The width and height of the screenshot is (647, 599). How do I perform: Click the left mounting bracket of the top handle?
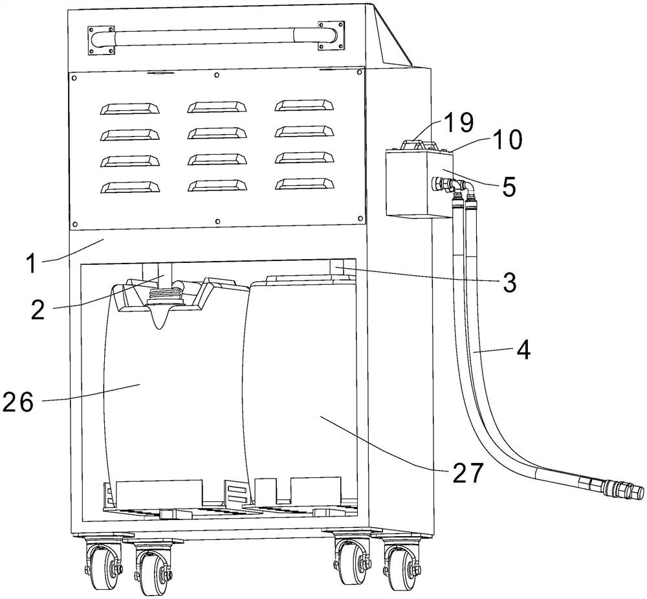[100, 40]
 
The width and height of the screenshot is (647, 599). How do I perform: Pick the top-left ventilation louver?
[130, 107]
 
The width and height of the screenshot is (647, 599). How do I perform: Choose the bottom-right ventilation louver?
[305, 184]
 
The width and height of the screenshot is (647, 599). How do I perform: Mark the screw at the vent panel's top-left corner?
[74, 78]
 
